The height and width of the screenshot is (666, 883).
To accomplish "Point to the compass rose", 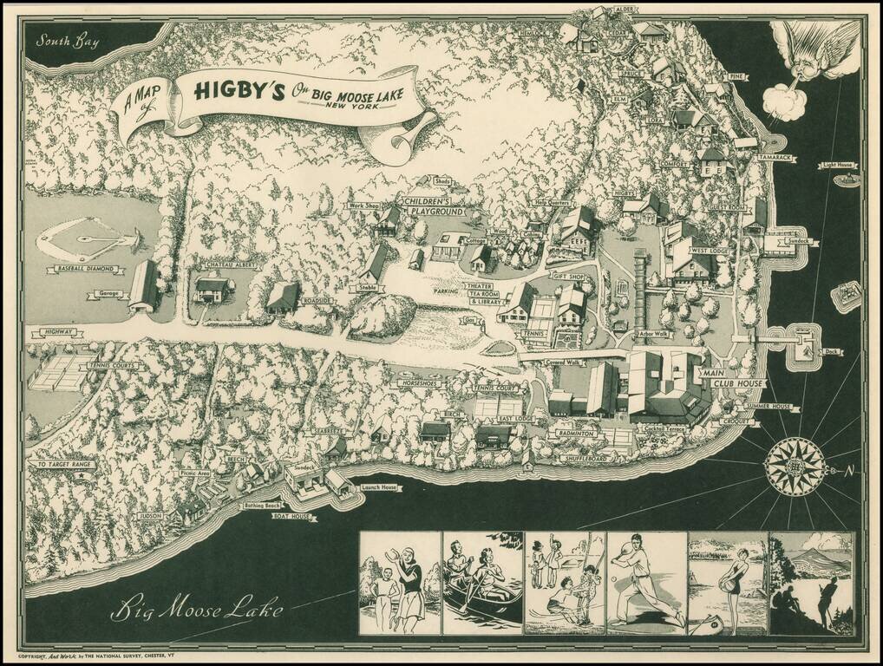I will click(795, 467).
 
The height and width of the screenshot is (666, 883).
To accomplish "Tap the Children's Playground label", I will click(432, 206).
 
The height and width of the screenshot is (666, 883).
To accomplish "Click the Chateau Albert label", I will click(227, 264).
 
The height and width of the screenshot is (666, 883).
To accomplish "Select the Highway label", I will click(53, 332).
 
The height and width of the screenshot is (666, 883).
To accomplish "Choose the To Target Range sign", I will click(62, 465).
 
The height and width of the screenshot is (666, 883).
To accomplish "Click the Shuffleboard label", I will click(581, 458).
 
